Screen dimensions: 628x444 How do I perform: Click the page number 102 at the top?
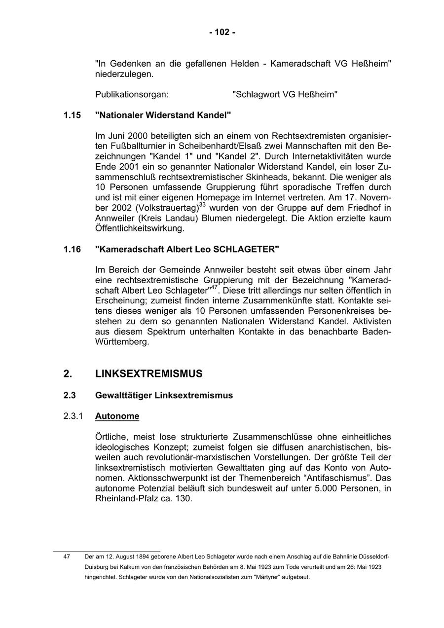(x=222, y=33)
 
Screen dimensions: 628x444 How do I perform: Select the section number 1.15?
(x=72, y=115)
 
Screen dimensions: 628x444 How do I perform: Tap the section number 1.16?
(x=72, y=250)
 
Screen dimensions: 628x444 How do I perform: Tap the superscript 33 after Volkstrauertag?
(x=202, y=204)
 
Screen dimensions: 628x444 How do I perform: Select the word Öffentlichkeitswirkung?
(x=139, y=229)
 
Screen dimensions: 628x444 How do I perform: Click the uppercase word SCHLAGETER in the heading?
(x=246, y=250)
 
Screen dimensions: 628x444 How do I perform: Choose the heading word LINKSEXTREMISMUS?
(x=148, y=374)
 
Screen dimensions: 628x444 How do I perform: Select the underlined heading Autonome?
(x=117, y=416)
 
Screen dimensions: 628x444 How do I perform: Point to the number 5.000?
(x=327, y=488)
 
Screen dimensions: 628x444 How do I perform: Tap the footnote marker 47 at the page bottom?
(x=67, y=556)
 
